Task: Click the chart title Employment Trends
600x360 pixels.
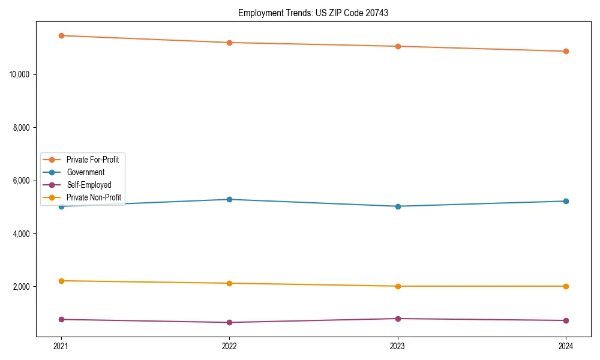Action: tap(313, 13)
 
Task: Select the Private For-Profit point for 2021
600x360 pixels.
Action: tap(61, 35)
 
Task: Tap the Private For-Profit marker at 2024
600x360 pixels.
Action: tap(566, 51)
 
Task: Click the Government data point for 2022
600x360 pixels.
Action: tap(229, 199)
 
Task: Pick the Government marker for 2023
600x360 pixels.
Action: tap(398, 206)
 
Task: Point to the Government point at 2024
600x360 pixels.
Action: tap(566, 201)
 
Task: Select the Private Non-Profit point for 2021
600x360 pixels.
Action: tap(61, 281)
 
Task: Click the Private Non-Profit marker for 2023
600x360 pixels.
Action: tap(398, 286)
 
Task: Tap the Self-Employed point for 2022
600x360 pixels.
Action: tap(229, 322)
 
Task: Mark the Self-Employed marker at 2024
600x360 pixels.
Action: tap(566, 320)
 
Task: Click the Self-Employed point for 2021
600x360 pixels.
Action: tap(61, 319)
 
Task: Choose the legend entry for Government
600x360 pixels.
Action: tap(85, 172)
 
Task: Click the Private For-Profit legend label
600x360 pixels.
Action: tap(92, 160)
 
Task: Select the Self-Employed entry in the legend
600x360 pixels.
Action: tap(89, 185)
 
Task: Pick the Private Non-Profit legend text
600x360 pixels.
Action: tap(94, 197)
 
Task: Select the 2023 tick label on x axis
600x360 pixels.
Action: tap(398, 346)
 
